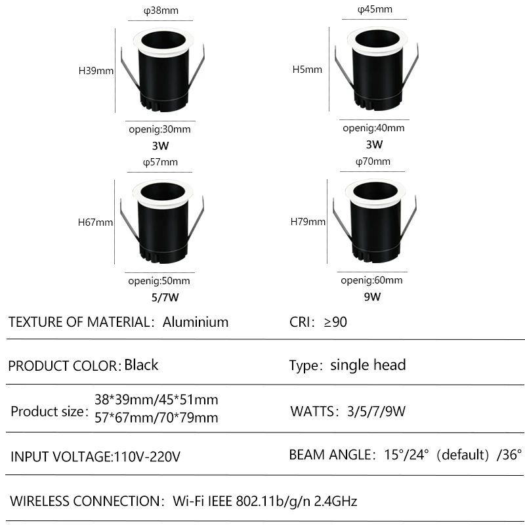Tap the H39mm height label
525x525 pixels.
tap(96, 70)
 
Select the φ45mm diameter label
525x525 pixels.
tap(375, 9)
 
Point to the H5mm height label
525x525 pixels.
tap(307, 69)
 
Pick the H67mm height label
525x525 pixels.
tap(96, 222)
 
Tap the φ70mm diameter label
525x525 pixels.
tap(373, 161)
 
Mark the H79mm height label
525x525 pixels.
tap(308, 222)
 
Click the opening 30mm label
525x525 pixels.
tap(159, 130)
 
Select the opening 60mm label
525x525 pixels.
tap(372, 281)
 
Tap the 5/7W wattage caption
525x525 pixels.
tap(164, 297)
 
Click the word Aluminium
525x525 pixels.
tap(196, 322)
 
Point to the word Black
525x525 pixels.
tap(141, 365)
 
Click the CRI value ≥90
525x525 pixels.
tap(335, 322)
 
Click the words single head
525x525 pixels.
tap(368, 365)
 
